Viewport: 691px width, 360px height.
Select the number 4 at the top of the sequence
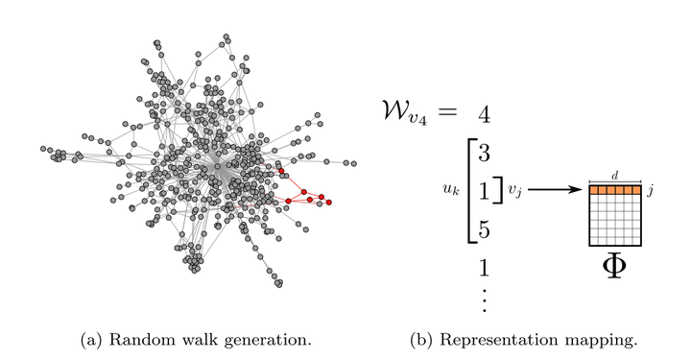[485, 116]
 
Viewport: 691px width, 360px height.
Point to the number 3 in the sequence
[485, 154]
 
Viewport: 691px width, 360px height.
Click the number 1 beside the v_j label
[485, 191]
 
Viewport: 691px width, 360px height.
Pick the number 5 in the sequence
[485, 230]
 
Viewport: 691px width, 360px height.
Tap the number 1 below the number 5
[485, 267]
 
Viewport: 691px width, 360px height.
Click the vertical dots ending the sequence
[485, 300]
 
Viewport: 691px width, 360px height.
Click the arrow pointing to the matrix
[556, 191]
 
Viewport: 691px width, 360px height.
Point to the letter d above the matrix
[614, 175]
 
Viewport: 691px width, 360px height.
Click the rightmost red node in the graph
[329, 202]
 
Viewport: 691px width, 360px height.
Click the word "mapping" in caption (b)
[609, 340]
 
